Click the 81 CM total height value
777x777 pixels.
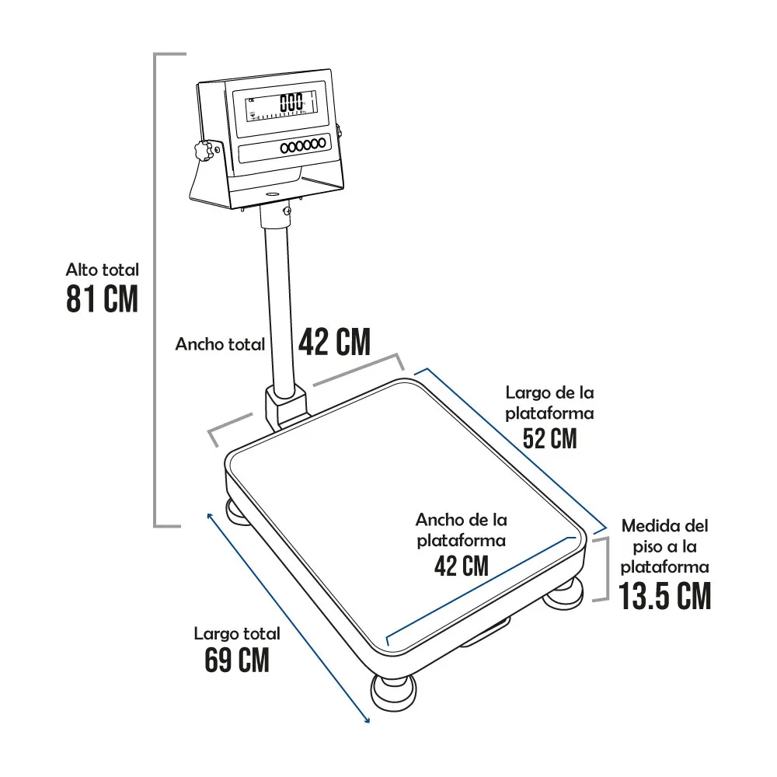click(102, 299)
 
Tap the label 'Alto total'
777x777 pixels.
click(103, 270)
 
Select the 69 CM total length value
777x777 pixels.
click(237, 660)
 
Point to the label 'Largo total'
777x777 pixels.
click(237, 633)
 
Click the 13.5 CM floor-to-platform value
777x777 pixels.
click(665, 596)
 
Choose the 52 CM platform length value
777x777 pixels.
click(550, 438)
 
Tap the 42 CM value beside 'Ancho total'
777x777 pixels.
click(334, 341)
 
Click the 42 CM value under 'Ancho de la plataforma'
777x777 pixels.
click(462, 566)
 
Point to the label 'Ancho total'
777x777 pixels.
click(220, 344)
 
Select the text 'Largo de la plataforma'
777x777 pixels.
click(549, 402)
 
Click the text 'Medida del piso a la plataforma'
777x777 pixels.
click(665, 546)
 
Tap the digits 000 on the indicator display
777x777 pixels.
click(291, 103)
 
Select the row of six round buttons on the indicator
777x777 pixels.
click(303, 146)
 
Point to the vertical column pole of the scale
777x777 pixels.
click(278, 302)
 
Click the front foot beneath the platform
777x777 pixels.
click(393, 693)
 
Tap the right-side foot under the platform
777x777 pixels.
click(563, 593)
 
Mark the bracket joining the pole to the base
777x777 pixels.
click(286, 409)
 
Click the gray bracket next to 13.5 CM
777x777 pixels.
click(603, 569)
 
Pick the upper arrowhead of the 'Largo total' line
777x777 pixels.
click(210, 517)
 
